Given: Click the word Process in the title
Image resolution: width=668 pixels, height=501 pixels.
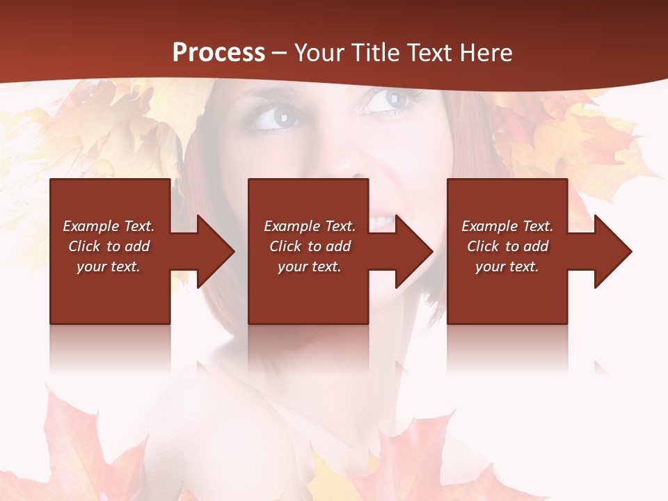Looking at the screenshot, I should (x=218, y=53).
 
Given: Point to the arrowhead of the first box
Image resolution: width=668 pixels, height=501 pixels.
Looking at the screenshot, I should (x=216, y=251).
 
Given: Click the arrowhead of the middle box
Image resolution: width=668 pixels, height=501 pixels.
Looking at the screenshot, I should (x=415, y=251).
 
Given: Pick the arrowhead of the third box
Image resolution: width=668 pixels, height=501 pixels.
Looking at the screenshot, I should (x=614, y=251).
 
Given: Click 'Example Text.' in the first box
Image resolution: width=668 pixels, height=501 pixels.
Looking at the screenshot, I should (x=109, y=226).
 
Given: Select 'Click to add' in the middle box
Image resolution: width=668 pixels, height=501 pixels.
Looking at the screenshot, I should (x=310, y=246).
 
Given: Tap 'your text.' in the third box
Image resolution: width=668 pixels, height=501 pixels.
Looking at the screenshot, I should (x=507, y=267).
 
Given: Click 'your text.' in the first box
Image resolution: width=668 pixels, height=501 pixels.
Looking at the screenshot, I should (x=109, y=267).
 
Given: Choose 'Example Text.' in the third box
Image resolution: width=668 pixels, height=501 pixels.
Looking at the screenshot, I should (x=507, y=226).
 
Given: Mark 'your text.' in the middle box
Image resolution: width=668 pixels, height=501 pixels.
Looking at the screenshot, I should (x=309, y=267).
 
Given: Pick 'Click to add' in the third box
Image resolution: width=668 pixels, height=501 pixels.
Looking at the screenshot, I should (x=507, y=246).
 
